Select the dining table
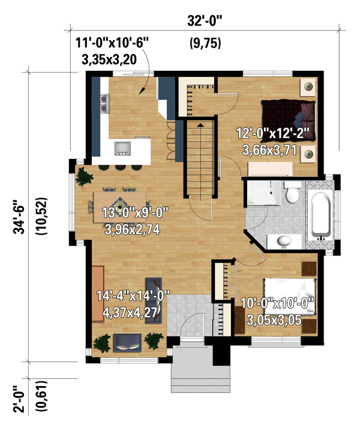click(x=120, y=201)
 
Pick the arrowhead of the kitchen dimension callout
click(x=142, y=92)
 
